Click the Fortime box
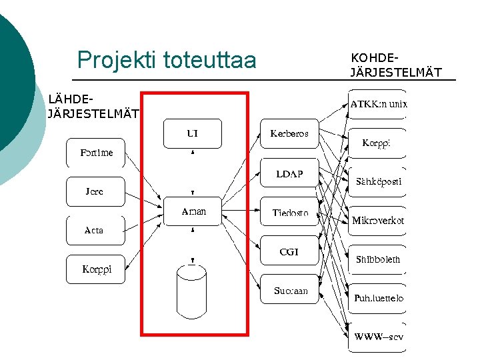point(96,153)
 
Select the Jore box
point(95,191)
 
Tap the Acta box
point(95,230)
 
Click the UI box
point(192,134)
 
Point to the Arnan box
point(193,211)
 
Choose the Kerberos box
point(289,134)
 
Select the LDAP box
point(289,173)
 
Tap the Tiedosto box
point(290,213)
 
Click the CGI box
point(289,251)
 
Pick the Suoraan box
point(290,290)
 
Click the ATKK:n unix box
point(378,104)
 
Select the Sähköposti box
point(378,181)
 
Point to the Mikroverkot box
point(378,220)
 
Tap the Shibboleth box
point(378,259)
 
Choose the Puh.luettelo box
point(378,298)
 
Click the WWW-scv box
point(378,337)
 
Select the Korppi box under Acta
point(96,269)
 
